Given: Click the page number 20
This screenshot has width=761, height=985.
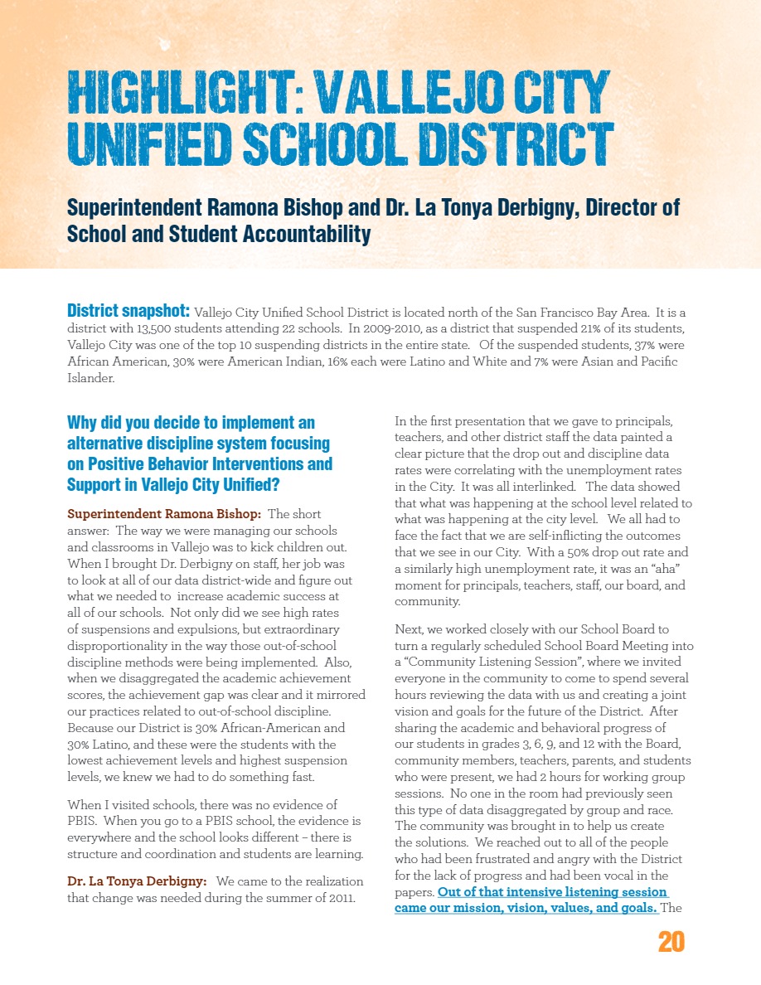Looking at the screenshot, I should [671, 942].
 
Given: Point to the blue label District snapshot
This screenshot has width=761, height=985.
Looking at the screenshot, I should [128, 312].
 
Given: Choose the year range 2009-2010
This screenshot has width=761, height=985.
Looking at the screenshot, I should [380, 329].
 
